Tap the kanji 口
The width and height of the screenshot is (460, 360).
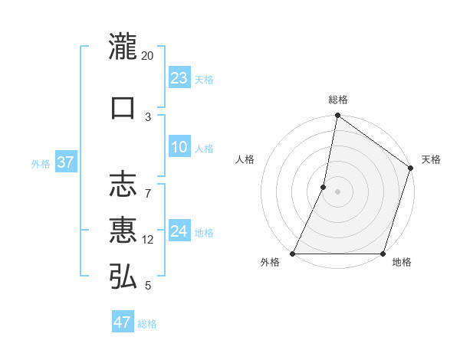pos(123,107)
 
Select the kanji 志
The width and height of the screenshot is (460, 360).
pos(123,184)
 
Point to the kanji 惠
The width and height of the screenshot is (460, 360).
pos(123,230)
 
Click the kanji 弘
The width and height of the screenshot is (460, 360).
pos(123,277)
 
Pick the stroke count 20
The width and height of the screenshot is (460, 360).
pos(148,56)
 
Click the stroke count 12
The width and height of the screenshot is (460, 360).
pos(148,240)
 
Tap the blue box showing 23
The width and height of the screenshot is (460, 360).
pos(179,78)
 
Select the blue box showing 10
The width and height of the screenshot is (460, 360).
pos(179,148)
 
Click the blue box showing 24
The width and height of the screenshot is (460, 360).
pos(179,231)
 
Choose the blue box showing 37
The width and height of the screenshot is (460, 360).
pos(65,162)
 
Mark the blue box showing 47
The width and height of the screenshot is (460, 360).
pos(122,322)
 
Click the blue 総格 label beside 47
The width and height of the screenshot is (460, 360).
pos(147,324)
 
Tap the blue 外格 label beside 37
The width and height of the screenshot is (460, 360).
pos(41,164)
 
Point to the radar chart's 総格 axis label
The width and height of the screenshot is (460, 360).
pos(337,100)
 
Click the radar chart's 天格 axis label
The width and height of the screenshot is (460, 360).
pos(431,159)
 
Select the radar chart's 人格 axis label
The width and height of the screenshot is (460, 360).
pos(245,159)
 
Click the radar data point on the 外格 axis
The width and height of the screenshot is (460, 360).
pos(293,254)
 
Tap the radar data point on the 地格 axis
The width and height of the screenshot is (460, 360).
pos(383,254)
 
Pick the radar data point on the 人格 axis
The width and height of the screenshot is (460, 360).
pos(324,187)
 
